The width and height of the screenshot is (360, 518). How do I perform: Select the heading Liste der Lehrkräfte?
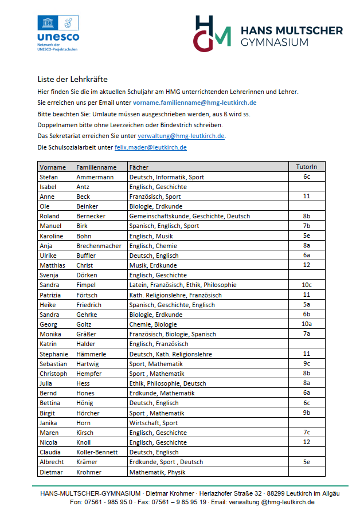[73, 79]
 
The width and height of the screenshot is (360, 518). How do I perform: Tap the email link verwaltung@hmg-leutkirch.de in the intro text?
[181, 136]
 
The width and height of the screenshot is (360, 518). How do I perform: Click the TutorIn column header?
[306, 167]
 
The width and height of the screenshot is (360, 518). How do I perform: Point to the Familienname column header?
[96, 167]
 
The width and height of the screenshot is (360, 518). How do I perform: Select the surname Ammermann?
[95, 177]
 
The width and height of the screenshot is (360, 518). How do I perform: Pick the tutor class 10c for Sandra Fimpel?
[306, 285]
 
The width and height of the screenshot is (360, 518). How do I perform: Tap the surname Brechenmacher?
[99, 246]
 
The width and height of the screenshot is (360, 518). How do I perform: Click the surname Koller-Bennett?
[98, 452]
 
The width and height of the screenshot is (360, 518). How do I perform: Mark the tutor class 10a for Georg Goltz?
[306, 324]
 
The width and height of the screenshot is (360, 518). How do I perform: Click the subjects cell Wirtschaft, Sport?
[154, 423]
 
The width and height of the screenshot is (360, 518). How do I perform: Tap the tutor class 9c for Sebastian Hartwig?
[306, 364]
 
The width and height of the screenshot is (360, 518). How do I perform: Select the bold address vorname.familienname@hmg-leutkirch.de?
[194, 103]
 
